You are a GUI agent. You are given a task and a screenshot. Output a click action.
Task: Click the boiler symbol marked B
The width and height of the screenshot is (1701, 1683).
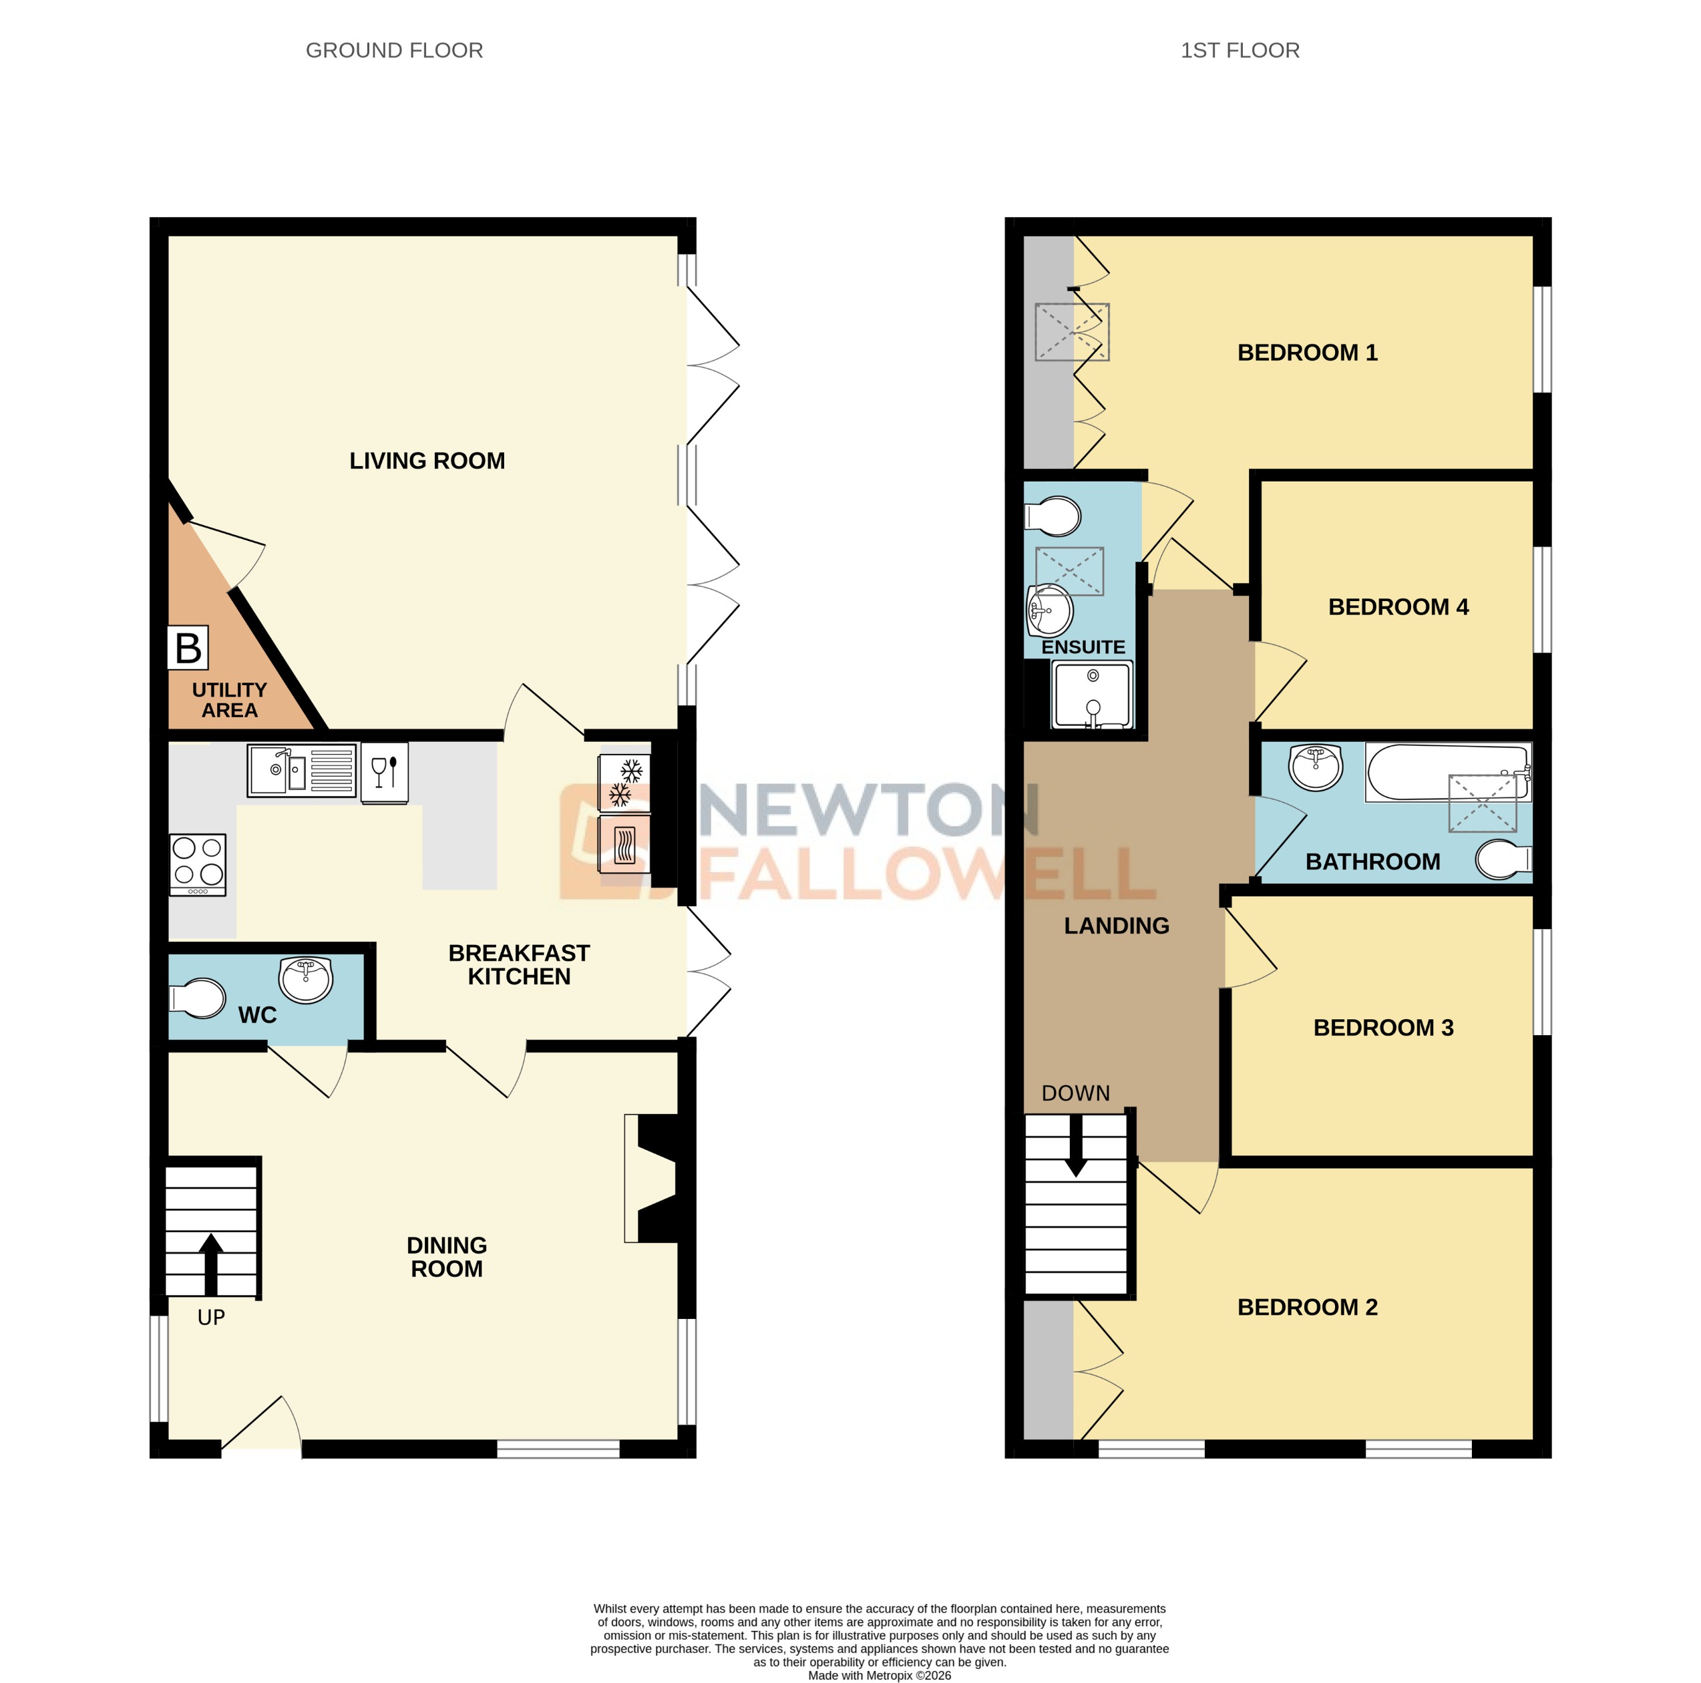(x=188, y=648)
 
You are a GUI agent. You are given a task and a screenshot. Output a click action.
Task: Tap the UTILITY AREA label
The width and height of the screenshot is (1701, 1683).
(x=229, y=700)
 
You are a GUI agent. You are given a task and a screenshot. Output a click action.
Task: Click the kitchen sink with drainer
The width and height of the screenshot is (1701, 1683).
(x=301, y=770)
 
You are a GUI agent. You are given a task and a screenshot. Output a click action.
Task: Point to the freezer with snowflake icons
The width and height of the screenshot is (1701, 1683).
(x=624, y=783)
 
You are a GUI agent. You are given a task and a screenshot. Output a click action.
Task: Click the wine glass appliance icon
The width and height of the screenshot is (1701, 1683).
(x=385, y=772)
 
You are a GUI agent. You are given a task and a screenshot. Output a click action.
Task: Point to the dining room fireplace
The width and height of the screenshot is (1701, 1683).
(x=655, y=1179)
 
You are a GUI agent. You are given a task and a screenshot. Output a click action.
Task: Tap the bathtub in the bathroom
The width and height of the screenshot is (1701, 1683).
(x=1447, y=772)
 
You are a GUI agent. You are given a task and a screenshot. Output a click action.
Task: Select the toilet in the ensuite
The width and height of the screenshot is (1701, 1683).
(x=1054, y=517)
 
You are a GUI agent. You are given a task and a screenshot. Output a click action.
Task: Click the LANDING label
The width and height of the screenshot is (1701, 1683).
(x=1117, y=925)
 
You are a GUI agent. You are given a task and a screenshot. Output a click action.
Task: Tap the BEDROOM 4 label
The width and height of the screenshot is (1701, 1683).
(x=1397, y=606)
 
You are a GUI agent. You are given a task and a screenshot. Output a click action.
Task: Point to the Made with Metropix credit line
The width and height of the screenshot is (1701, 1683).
(x=879, y=1675)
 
